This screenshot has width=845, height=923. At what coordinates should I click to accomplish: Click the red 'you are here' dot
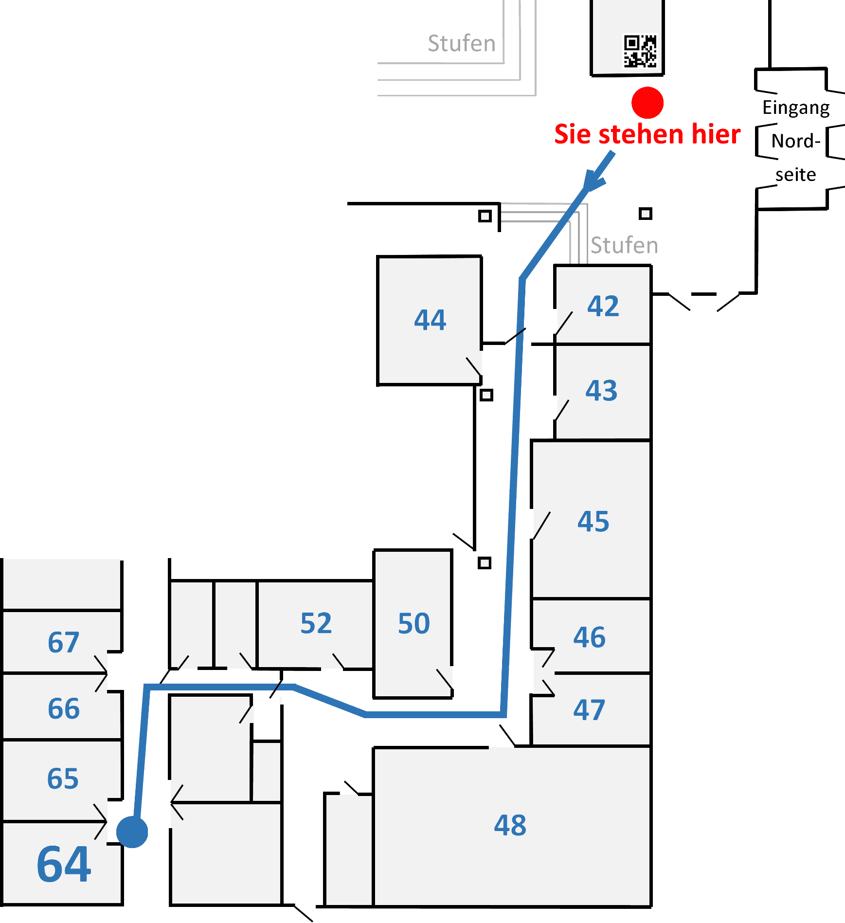(647, 103)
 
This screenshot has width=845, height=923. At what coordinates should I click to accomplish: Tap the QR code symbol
(640, 51)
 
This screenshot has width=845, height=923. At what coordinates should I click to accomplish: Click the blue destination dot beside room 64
(132, 832)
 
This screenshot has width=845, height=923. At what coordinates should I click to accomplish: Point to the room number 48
(510, 825)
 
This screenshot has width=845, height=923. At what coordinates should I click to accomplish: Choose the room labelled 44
(430, 320)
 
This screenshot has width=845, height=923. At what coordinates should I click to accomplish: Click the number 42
(603, 306)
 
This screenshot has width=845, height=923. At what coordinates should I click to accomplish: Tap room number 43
(601, 390)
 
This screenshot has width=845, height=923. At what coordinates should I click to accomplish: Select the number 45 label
(593, 522)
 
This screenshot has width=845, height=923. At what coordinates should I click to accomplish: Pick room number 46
(589, 637)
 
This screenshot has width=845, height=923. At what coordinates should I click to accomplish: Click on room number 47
(589, 710)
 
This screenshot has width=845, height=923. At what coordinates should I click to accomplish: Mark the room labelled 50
(414, 623)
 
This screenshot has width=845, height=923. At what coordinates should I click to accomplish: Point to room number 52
(316, 623)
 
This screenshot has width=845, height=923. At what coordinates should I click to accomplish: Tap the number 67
(63, 642)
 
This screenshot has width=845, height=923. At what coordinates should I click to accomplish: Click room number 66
(63, 708)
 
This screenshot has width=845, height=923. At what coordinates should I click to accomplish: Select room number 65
(63, 778)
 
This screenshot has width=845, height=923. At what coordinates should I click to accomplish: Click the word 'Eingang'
(796, 108)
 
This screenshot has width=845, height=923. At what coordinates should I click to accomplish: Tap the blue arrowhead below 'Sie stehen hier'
(593, 180)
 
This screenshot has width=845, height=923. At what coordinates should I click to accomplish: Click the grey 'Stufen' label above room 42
(624, 245)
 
